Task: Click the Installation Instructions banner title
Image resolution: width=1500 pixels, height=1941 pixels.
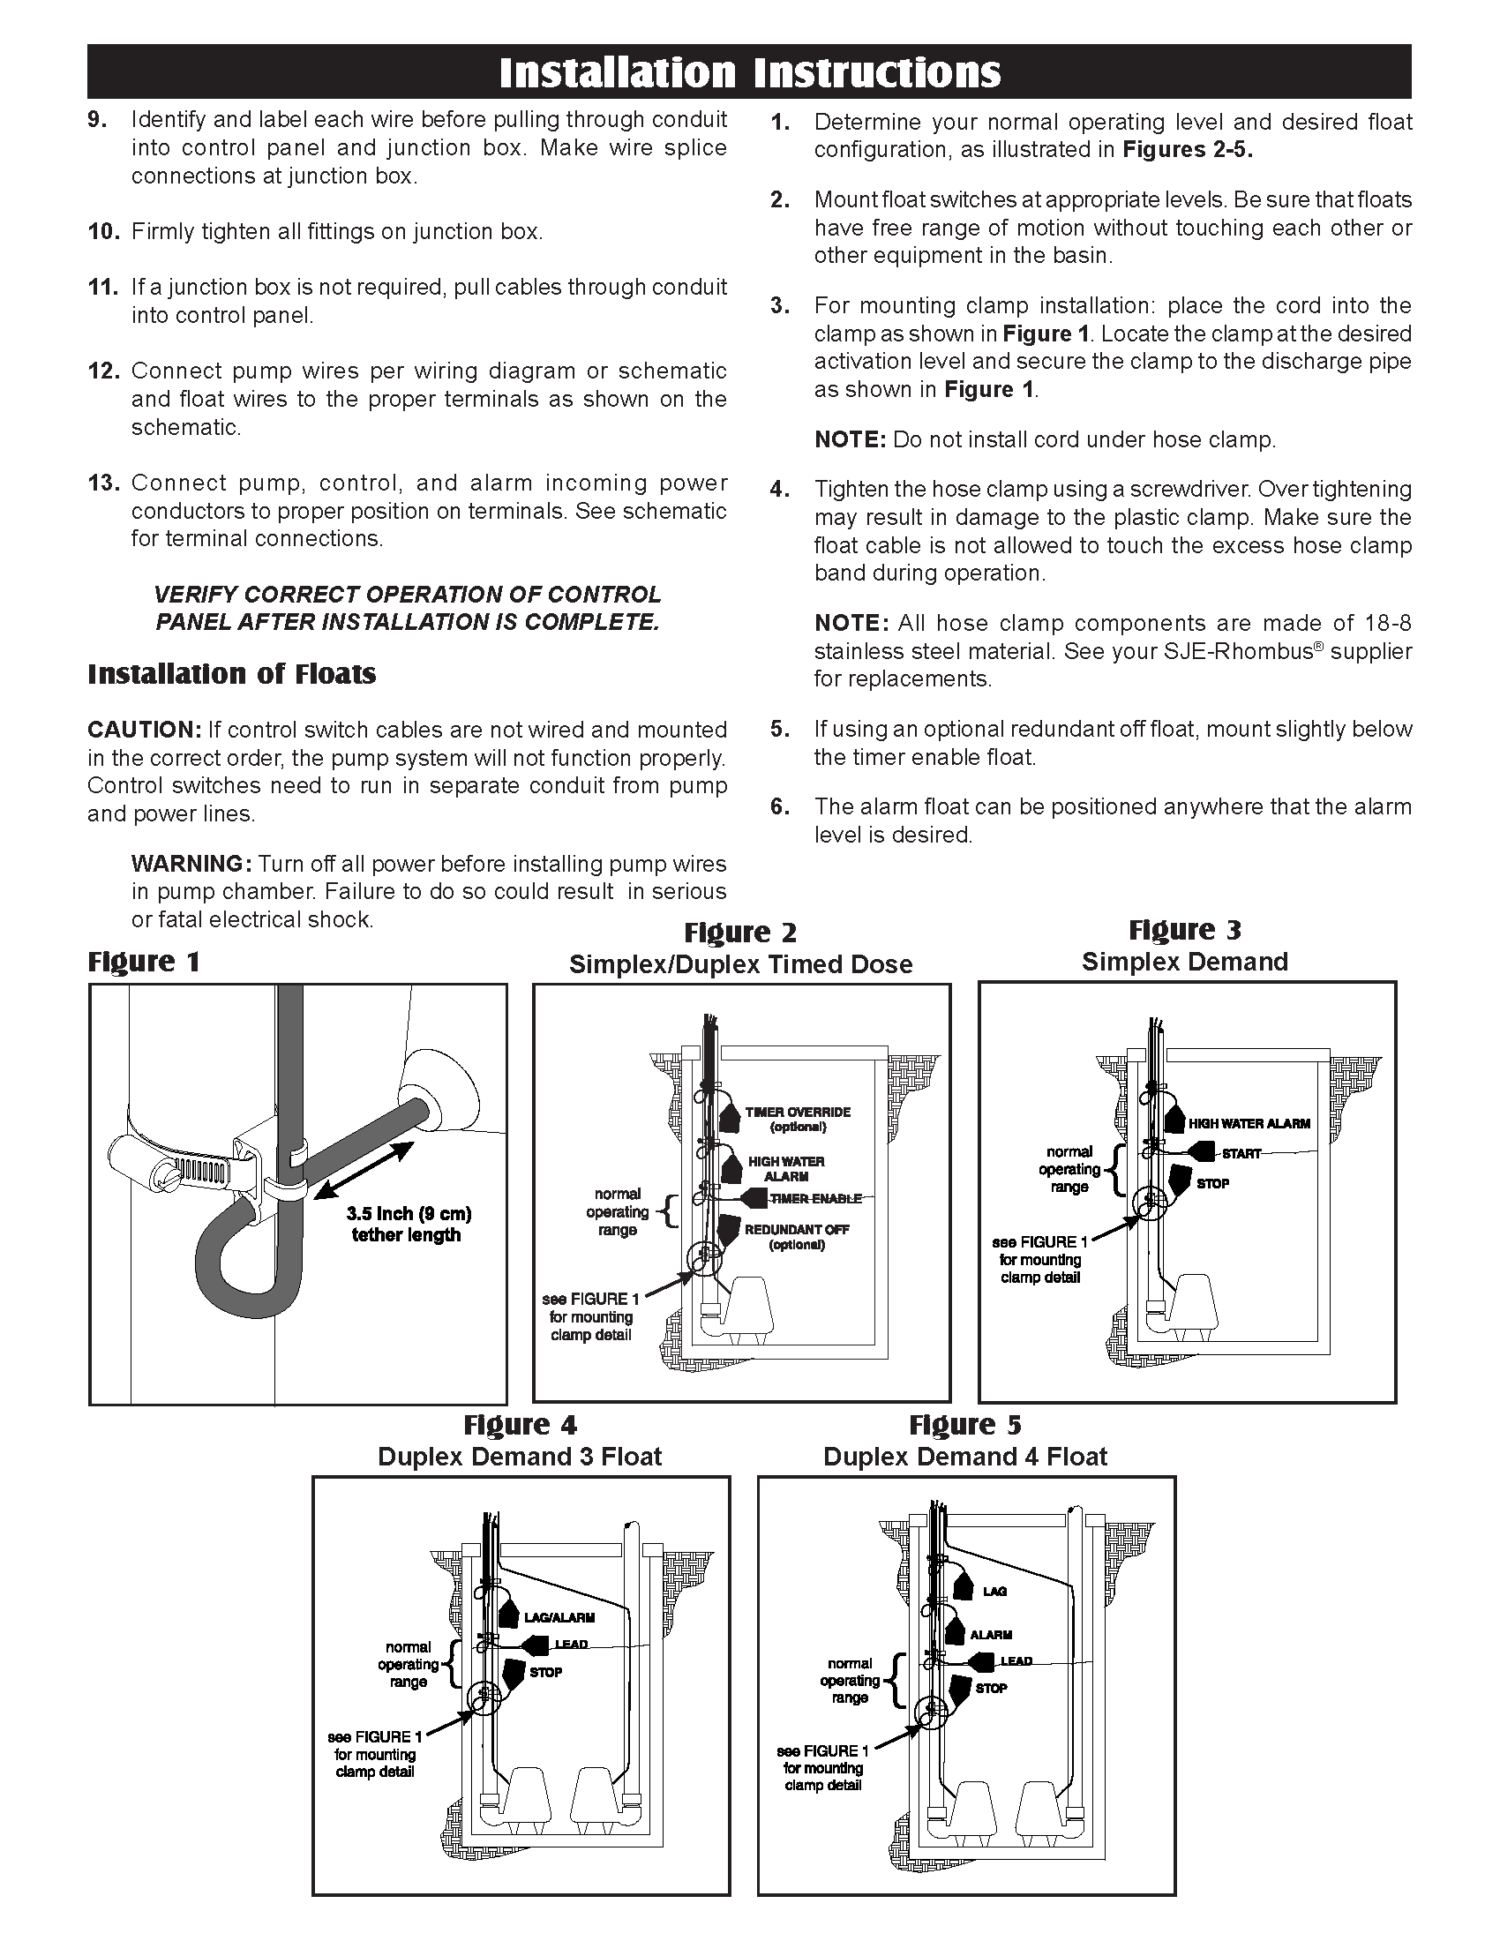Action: click(749, 73)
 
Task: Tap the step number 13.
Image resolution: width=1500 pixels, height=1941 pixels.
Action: click(103, 483)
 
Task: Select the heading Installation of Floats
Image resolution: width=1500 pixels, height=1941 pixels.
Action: click(231, 675)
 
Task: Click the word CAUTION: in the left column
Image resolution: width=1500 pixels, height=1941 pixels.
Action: click(145, 731)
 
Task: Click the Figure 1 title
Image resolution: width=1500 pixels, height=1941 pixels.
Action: click(144, 962)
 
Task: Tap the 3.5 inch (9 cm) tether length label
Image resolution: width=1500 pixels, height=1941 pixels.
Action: click(408, 1225)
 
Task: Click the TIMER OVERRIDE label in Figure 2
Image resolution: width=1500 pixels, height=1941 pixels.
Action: click(797, 1113)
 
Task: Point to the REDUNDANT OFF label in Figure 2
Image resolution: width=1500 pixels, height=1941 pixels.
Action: click(796, 1230)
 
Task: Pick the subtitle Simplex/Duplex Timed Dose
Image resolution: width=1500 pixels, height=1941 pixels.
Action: click(740, 965)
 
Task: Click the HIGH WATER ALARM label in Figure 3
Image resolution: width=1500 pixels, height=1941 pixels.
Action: click(1249, 1124)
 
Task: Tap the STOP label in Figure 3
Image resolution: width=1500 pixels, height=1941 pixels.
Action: click(1212, 1184)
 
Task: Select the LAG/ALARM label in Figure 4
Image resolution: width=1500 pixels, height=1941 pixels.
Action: click(559, 1618)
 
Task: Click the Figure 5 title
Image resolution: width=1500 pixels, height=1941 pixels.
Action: click(965, 1426)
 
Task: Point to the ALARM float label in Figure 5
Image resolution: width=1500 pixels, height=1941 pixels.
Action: click(990, 1635)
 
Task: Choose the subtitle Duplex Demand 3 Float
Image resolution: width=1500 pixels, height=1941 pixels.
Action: click(520, 1457)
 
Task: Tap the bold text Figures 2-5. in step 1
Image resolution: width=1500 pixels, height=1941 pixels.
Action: click(1187, 150)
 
